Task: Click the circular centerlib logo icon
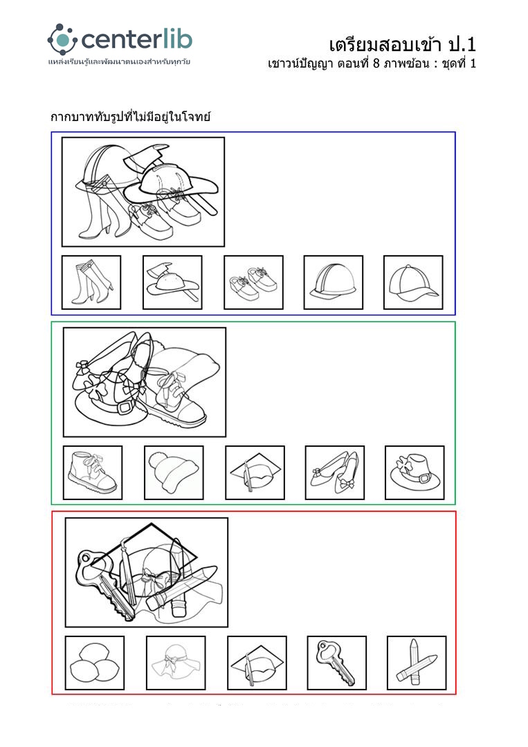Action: (x=62, y=39)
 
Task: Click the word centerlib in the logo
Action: (x=137, y=39)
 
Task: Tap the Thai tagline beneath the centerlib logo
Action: (x=119, y=62)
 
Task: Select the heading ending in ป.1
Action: (x=402, y=45)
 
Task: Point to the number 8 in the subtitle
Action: (x=376, y=64)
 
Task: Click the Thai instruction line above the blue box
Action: (x=131, y=117)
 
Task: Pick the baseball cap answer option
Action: (x=413, y=282)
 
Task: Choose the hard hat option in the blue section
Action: (x=333, y=282)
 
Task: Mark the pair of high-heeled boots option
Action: (x=91, y=282)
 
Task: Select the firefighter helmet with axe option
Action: (x=172, y=282)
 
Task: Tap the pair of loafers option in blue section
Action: (x=253, y=282)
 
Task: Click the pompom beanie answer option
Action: (x=174, y=472)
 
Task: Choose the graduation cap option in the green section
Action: (x=255, y=472)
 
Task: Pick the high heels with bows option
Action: (x=334, y=472)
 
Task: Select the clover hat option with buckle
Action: (x=415, y=472)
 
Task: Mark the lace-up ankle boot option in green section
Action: (x=93, y=472)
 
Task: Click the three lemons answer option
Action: (x=94, y=663)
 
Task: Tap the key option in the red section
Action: (x=336, y=663)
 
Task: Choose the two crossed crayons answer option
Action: (x=417, y=663)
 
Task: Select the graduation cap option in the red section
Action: (x=257, y=663)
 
